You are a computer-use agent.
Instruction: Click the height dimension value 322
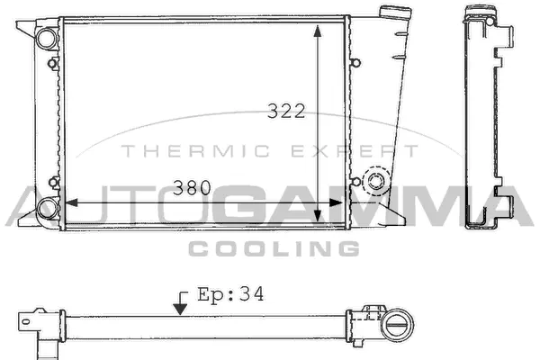pyautogui.click(x=287, y=111)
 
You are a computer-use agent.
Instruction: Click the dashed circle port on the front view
pyautogui.click(x=374, y=183)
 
